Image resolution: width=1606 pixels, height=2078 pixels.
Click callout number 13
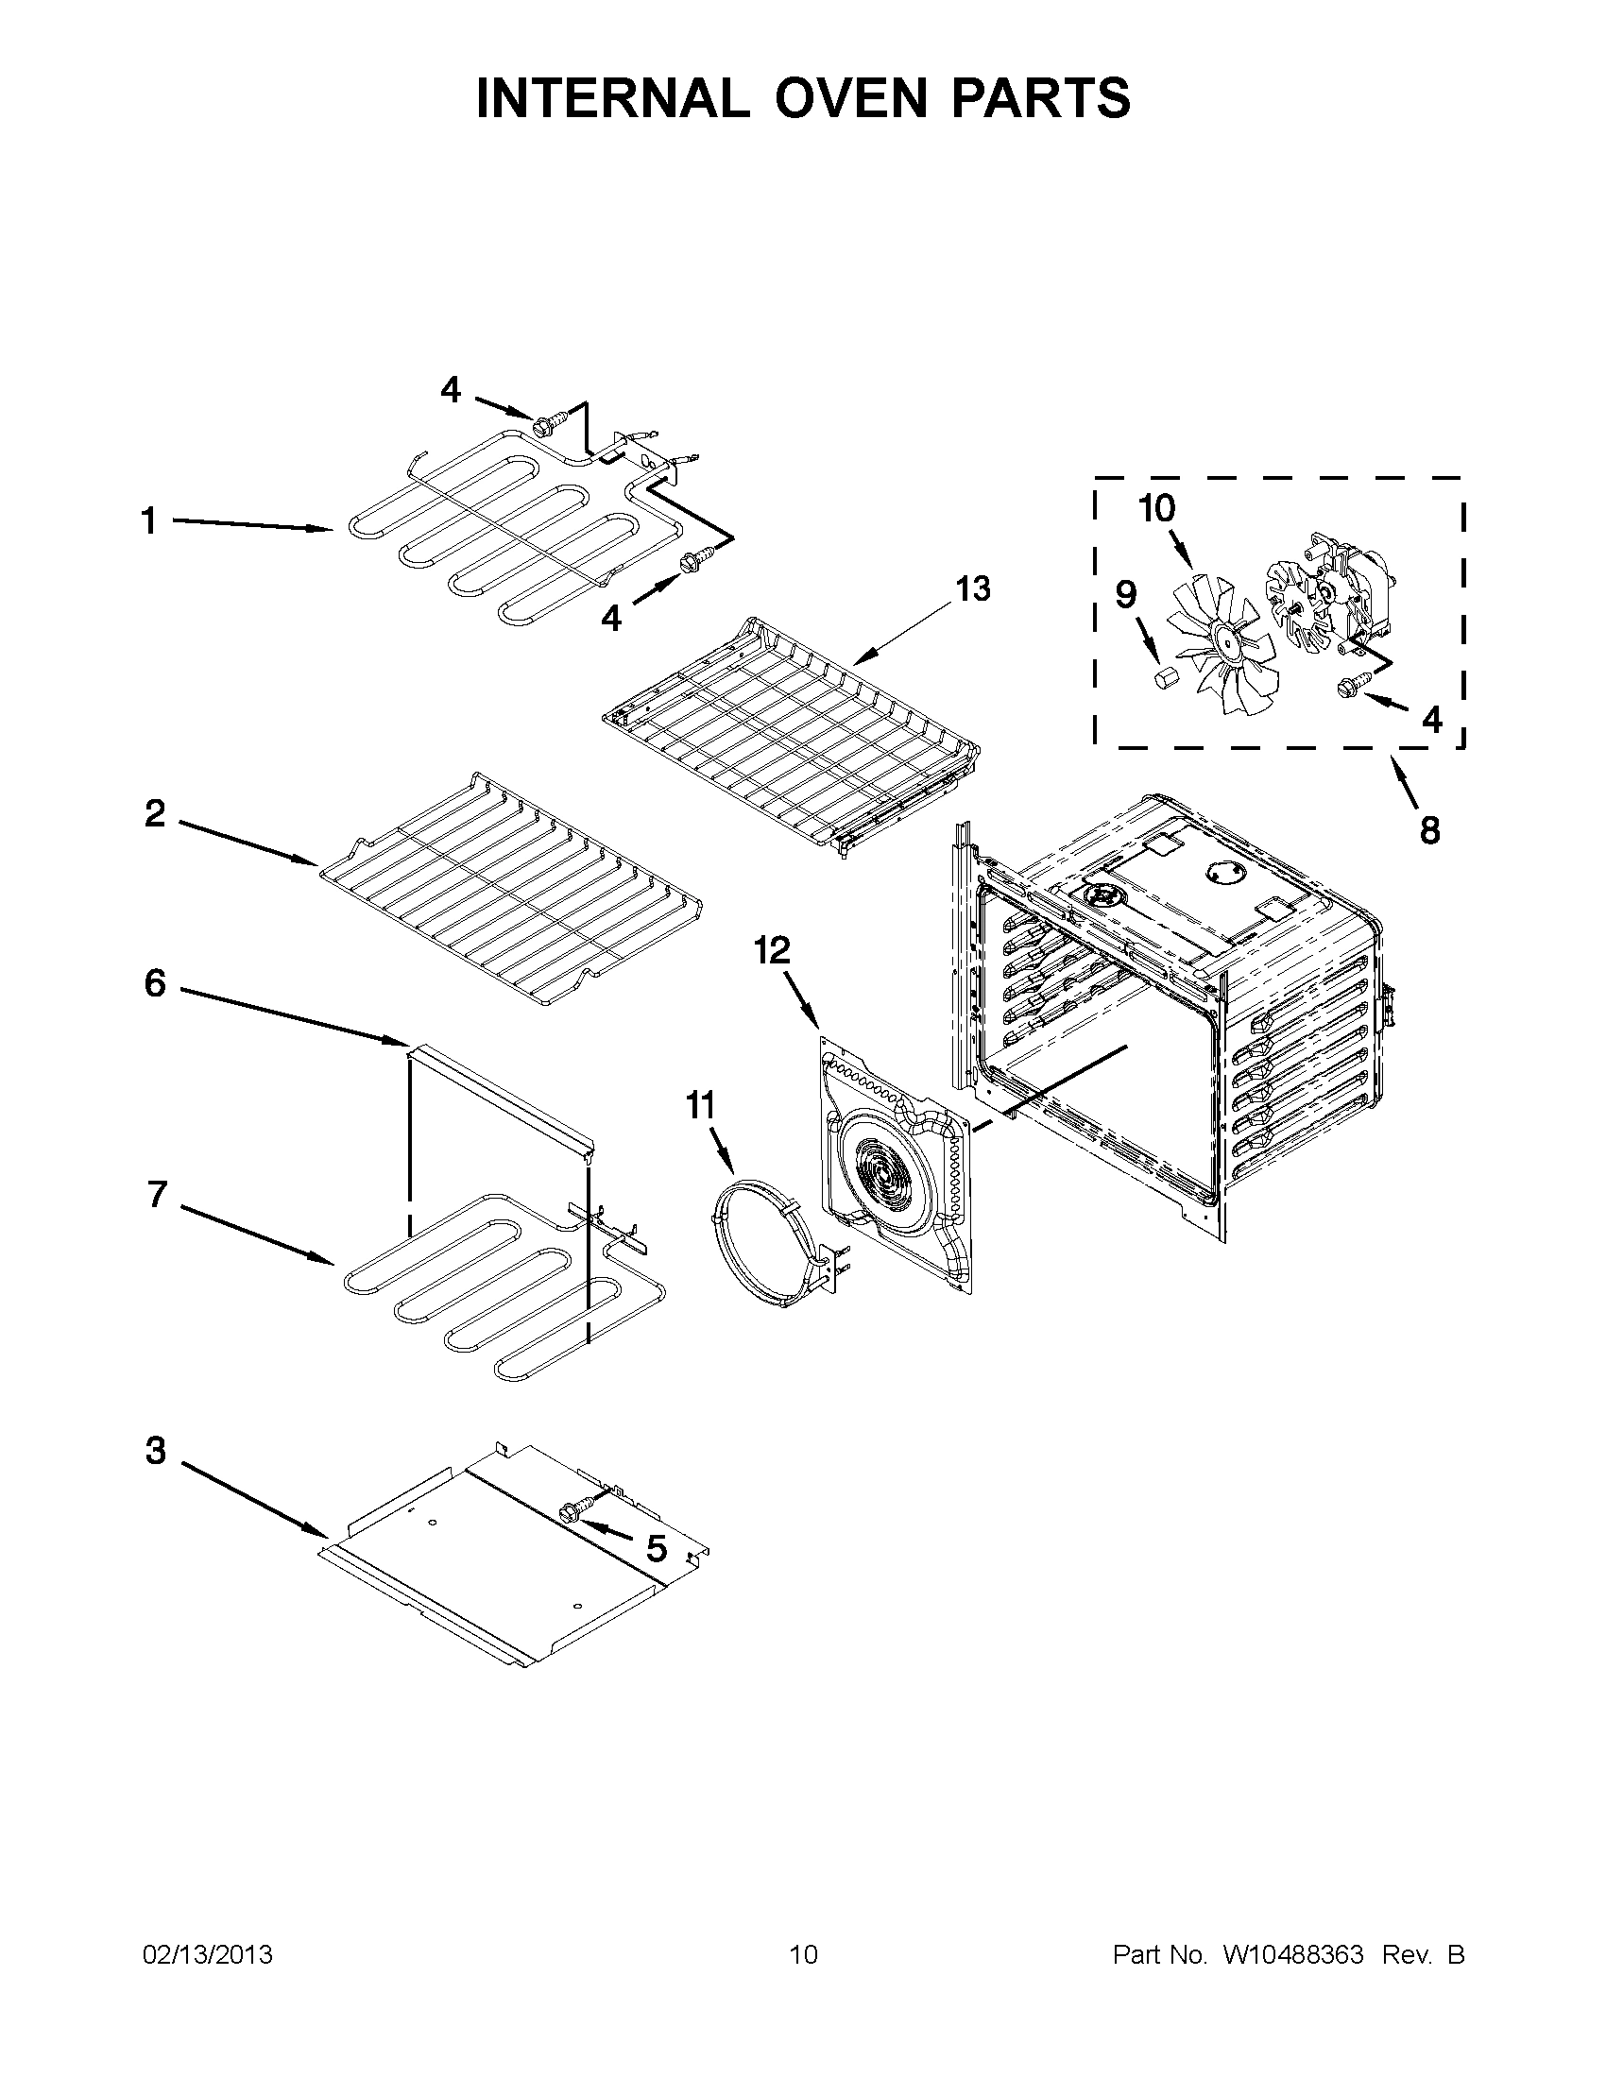pos(973,589)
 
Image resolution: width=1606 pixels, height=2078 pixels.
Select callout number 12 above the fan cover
pos(773,949)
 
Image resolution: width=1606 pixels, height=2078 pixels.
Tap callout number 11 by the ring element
pos(700,1106)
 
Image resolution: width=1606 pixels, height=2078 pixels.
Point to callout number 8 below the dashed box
pos(1429,830)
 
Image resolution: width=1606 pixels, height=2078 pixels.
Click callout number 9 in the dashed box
pos(1125,595)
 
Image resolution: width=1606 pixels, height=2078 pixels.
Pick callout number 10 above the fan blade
pos(1157,509)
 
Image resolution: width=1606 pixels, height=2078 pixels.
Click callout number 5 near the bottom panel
pos(657,1549)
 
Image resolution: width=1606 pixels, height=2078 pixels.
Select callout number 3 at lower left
pos(156,1452)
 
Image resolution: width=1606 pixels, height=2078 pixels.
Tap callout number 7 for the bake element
pos(158,1195)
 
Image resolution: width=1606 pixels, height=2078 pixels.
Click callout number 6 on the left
pos(155,983)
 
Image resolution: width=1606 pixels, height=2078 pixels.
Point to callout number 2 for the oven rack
pos(155,813)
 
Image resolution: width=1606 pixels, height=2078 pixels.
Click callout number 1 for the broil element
pos(148,521)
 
